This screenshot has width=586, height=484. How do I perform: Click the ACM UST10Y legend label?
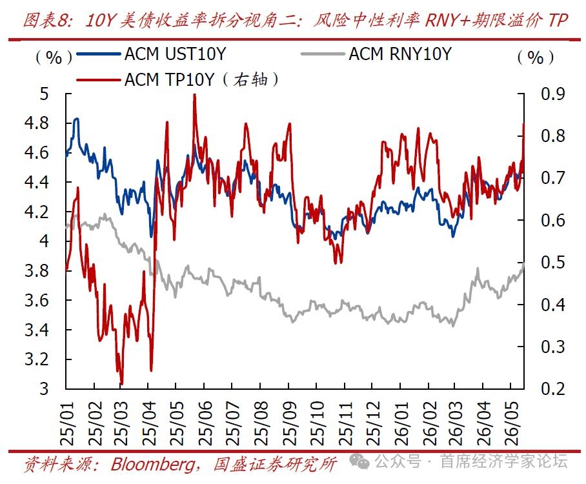pos(176,54)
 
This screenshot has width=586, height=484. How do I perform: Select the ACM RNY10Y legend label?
pos(400,54)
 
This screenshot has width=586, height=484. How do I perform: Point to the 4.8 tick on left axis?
pos(37,123)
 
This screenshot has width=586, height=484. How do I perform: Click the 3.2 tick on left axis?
pos(37,359)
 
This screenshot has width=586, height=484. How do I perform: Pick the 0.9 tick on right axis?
pos(552,94)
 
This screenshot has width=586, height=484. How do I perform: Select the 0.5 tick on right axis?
pos(552,263)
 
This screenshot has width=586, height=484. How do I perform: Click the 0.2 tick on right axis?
pos(552,388)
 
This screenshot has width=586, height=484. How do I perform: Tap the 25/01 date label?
pos(67,423)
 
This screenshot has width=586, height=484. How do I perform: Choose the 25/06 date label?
pos(205,423)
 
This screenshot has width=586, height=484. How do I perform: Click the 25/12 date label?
pos(372,423)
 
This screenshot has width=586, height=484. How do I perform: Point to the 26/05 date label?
pos(511,423)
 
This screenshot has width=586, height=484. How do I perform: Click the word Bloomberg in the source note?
pos(153,465)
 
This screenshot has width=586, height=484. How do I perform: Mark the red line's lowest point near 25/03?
pos(121,384)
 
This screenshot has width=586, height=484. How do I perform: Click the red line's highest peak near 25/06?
pos(194,96)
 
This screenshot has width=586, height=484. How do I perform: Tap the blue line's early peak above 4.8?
pos(77,119)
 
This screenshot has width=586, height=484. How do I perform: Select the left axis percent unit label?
pos(54,57)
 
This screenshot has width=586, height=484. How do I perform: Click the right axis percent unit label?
pos(536,57)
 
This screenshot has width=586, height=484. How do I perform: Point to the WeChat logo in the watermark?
pos(359,461)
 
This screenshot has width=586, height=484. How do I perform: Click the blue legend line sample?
pos(99,54)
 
